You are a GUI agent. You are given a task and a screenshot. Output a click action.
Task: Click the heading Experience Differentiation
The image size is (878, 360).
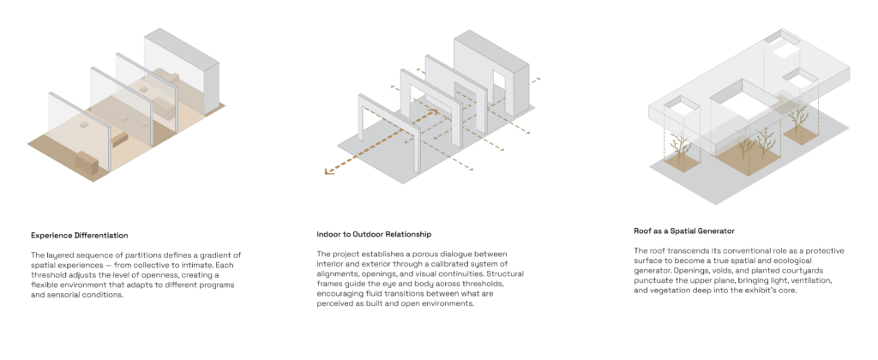pyautogui.click(x=80, y=235)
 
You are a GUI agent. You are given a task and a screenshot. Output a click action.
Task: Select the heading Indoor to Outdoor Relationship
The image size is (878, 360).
pyautogui.click(x=374, y=234)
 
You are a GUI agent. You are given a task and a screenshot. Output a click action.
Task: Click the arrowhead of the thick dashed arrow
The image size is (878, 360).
pyautogui.click(x=329, y=171)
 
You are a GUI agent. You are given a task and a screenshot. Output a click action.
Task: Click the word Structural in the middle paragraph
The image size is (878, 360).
pyautogui.click(x=506, y=273)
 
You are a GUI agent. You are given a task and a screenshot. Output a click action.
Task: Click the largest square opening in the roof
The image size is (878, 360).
pyautogui.click(x=741, y=101)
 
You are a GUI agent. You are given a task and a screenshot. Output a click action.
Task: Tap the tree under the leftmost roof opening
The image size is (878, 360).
pyautogui.click(x=680, y=147)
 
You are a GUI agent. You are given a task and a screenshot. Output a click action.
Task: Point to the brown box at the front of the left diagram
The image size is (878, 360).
pyautogui.click(x=87, y=162)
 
